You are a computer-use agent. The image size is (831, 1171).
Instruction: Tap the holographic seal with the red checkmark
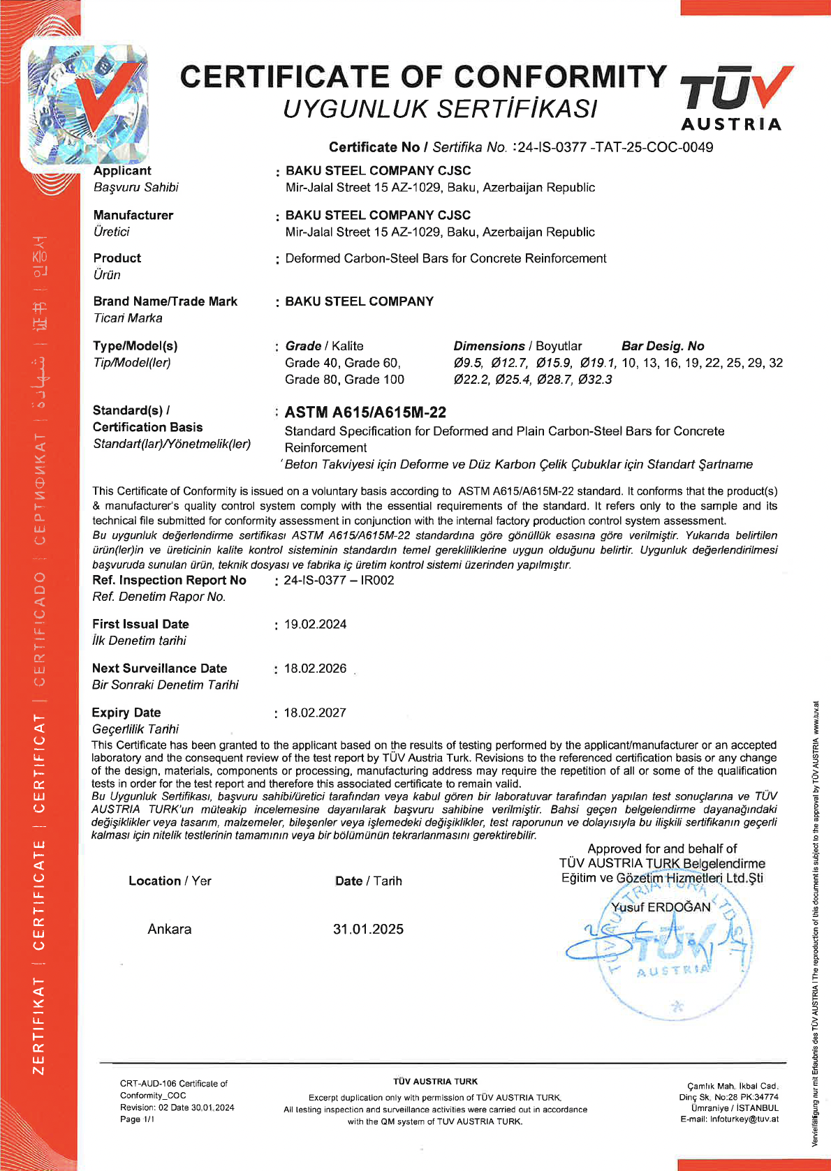pos(87,104)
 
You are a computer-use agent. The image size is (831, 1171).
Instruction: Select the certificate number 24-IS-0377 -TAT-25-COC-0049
pos(615,147)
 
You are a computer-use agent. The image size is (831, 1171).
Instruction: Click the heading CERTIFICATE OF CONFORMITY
pos(423,77)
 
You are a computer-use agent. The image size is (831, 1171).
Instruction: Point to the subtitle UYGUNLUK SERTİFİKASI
pos(440,109)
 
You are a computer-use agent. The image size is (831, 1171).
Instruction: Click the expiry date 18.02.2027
pos(315,713)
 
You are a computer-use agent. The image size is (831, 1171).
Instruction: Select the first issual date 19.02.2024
pos(315,624)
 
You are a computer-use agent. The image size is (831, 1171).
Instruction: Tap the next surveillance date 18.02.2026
pos(315,669)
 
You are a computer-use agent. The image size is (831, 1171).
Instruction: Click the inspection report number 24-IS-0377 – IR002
pos(339,580)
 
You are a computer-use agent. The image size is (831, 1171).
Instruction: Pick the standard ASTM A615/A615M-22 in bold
pos(365,412)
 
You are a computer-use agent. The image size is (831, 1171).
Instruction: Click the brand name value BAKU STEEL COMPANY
pos(359,301)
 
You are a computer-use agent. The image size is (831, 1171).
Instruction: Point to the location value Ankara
pos(169,929)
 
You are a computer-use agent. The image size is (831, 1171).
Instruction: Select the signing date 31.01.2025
pos(368,929)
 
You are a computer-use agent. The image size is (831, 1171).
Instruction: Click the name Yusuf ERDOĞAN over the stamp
pos(661,907)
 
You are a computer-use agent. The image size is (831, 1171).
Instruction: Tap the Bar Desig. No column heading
pos(663,346)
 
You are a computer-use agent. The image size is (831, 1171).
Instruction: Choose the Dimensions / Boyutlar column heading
pos(517,346)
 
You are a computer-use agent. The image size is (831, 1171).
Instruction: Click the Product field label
pos(117,258)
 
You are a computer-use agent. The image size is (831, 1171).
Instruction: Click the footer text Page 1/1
pos(137,1119)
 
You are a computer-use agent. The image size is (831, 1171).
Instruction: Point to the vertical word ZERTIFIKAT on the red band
pos(39,1026)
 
